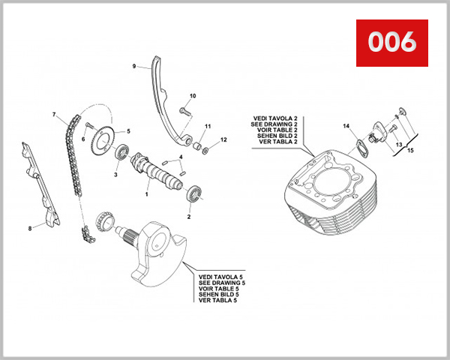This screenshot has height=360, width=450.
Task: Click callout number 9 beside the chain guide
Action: [x=134, y=66]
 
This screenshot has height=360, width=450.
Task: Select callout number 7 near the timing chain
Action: [x=54, y=115]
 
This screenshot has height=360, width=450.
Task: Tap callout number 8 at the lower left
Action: [x=30, y=228]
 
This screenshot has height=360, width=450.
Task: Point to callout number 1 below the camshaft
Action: [x=147, y=194]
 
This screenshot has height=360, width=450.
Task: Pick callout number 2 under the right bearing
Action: [x=188, y=217]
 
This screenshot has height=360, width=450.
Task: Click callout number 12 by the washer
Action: [x=223, y=140]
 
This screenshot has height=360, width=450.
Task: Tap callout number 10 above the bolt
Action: [x=193, y=96]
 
